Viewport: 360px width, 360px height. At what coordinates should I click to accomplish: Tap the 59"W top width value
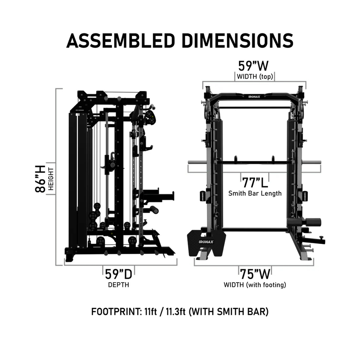point(253,66)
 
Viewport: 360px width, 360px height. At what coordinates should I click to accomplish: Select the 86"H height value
point(41,179)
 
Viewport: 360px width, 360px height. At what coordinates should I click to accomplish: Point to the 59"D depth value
point(118,274)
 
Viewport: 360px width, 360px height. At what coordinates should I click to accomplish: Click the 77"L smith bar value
point(255,181)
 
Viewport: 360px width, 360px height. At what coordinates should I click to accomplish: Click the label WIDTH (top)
point(253,77)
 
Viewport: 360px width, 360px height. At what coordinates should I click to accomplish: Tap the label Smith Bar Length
point(255,193)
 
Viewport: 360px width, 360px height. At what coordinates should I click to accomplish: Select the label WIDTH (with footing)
point(255,285)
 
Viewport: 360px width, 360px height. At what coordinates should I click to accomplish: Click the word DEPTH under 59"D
point(118,285)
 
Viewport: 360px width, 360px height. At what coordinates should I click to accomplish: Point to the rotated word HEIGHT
point(51,179)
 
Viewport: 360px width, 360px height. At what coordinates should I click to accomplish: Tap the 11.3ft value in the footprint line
point(176,312)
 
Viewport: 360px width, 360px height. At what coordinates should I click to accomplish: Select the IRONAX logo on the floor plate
point(206,241)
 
